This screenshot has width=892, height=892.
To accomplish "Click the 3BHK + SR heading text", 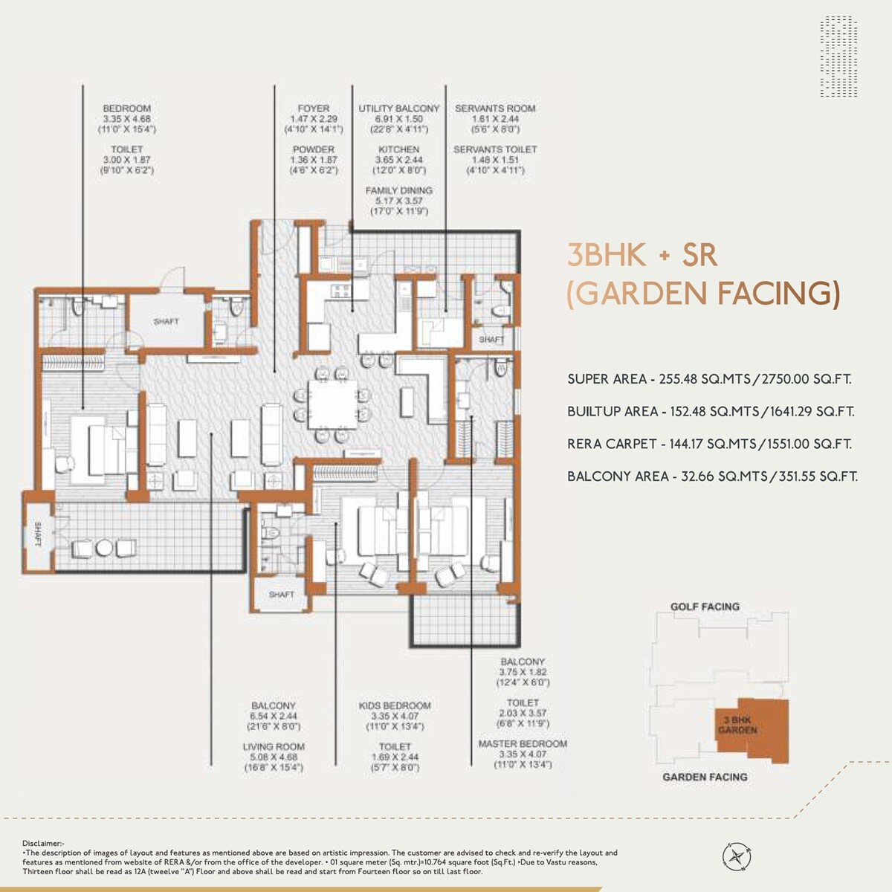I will [x=642, y=255].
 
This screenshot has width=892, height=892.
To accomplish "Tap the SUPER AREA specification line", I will [x=709, y=379].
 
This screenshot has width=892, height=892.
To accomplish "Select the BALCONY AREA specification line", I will [x=711, y=476].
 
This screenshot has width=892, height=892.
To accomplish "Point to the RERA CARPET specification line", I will [x=709, y=444].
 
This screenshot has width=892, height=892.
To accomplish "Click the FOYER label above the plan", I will [x=314, y=109].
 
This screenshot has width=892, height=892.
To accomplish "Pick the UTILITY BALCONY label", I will [x=399, y=109].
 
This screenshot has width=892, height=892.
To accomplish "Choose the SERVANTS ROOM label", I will [x=495, y=109].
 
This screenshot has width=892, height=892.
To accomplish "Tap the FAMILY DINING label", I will [x=399, y=191].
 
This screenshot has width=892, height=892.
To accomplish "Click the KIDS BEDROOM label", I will [x=395, y=705].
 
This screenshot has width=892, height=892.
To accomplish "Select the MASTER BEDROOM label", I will [x=523, y=743].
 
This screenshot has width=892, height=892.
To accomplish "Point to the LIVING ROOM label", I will [x=274, y=746].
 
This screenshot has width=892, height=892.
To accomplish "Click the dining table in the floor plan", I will [x=332, y=407].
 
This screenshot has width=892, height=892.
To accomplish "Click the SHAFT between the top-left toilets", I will [x=167, y=321].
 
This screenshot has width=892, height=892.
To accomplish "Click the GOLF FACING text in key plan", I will [x=705, y=607].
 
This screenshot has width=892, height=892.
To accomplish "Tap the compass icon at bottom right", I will [x=737, y=855].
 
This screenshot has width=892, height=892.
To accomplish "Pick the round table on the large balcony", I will [x=104, y=548].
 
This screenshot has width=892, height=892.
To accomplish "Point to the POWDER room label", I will [x=314, y=149].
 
